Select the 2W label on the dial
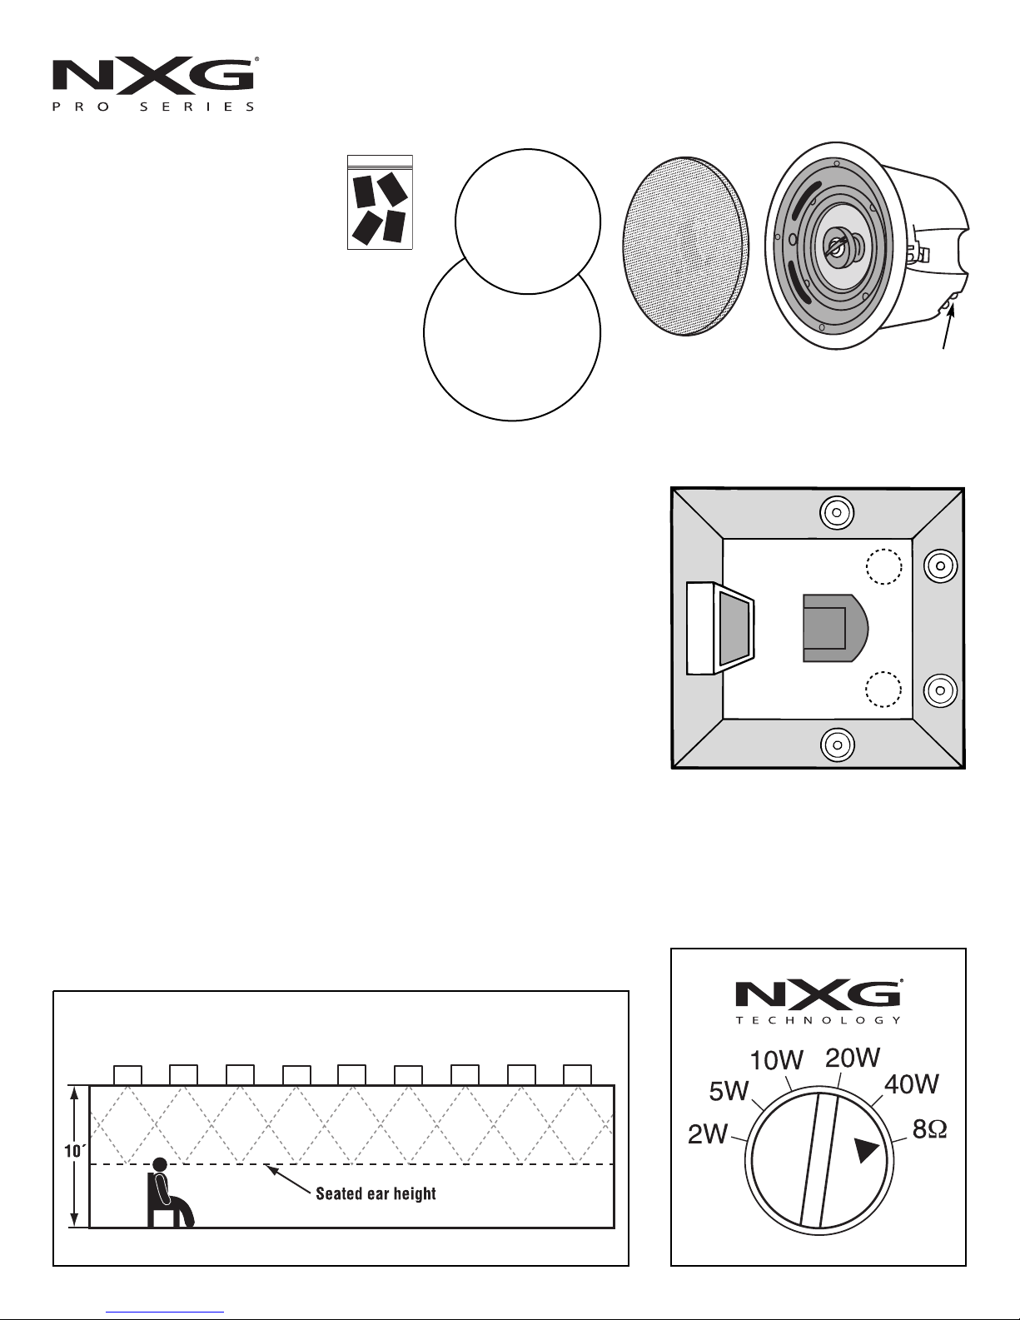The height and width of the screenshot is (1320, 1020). [707, 1133]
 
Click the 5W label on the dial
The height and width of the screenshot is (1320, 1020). [729, 1092]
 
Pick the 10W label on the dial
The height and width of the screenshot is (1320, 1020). [777, 1060]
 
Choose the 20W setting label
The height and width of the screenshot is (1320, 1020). [853, 1058]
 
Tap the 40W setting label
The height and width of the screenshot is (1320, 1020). [911, 1084]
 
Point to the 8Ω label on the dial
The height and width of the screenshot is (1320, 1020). [929, 1129]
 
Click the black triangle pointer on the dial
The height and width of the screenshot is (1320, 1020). [865, 1150]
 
